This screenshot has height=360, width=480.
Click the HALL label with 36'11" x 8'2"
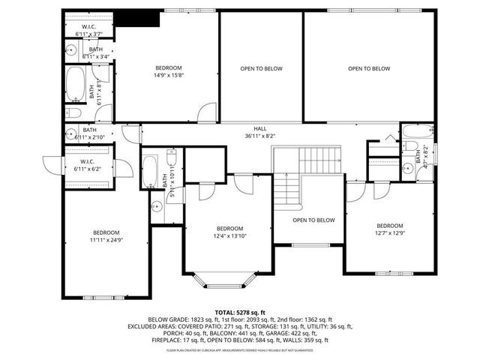point(260,132)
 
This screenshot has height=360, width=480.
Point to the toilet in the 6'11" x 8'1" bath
point(74,112)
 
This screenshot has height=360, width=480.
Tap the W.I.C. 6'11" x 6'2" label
point(88,165)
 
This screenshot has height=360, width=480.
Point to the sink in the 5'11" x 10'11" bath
point(157,206)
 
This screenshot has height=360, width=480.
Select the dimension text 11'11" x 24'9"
point(106,241)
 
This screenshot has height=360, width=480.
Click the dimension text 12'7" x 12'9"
point(389,233)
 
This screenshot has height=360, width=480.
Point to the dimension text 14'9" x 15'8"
point(169,75)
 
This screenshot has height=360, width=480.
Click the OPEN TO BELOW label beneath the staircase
point(313,220)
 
